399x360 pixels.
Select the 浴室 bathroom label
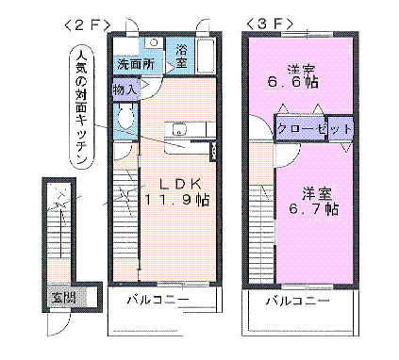click(x=182, y=54)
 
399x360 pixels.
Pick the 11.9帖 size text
click(x=176, y=200)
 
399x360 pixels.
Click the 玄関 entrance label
click(x=63, y=298)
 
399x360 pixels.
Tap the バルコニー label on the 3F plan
click(x=296, y=301)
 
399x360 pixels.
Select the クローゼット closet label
click(x=314, y=129)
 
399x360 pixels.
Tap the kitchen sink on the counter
click(x=179, y=130)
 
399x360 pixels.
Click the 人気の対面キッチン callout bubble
click(x=82, y=108)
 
